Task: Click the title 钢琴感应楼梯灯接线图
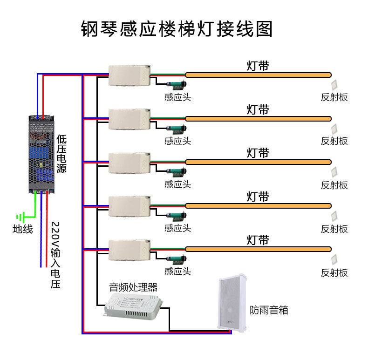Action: click(177, 29)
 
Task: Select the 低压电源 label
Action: click(61, 154)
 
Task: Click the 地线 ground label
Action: click(22, 229)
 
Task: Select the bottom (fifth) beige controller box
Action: click(130, 250)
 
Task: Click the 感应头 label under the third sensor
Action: click(177, 184)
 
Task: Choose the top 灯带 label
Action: click(258, 66)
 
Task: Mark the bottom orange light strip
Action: click(258, 249)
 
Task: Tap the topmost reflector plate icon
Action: click(334, 85)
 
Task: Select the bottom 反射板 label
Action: click(334, 272)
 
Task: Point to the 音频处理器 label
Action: click(133, 286)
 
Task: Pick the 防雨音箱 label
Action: click(269, 310)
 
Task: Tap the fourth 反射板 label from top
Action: click(334, 229)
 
